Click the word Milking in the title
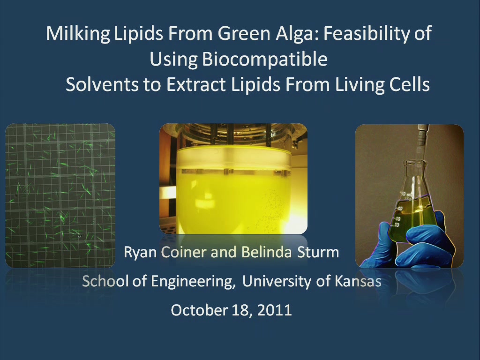tap(78, 34)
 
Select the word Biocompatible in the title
tap(265, 59)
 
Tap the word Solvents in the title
tap(102, 84)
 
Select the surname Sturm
tap(318, 253)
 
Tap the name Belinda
tap(266, 253)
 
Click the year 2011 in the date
tap(274, 310)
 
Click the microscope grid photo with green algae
tap(60, 195)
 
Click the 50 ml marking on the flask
tap(407, 195)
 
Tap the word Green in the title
tap(244, 34)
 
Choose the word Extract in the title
tap(196, 85)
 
